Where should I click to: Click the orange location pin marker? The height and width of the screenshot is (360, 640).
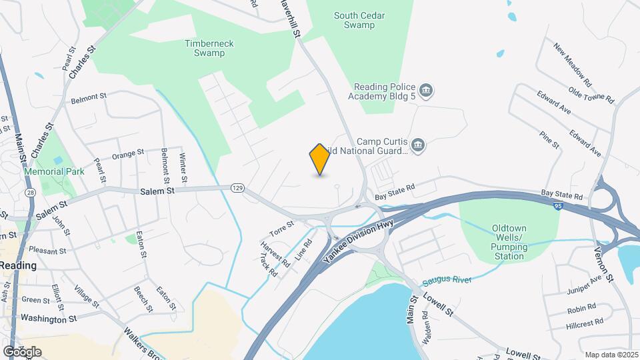click(x=320, y=159)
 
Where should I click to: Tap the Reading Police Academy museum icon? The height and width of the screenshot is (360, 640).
click(x=427, y=89)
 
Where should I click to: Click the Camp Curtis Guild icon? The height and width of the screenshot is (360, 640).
click(x=418, y=146)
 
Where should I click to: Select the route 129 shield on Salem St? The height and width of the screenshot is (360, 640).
click(x=237, y=189)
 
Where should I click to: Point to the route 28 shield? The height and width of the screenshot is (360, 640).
click(x=31, y=192)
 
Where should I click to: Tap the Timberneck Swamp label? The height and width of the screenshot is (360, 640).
click(x=209, y=48)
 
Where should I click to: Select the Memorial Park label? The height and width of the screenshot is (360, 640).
click(x=54, y=171)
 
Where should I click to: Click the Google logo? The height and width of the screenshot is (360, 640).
click(x=22, y=351)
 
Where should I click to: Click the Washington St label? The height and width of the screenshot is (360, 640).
click(x=49, y=319)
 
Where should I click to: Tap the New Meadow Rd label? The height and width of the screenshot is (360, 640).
click(x=572, y=63)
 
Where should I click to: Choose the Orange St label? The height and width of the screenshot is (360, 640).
click(x=128, y=155)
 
